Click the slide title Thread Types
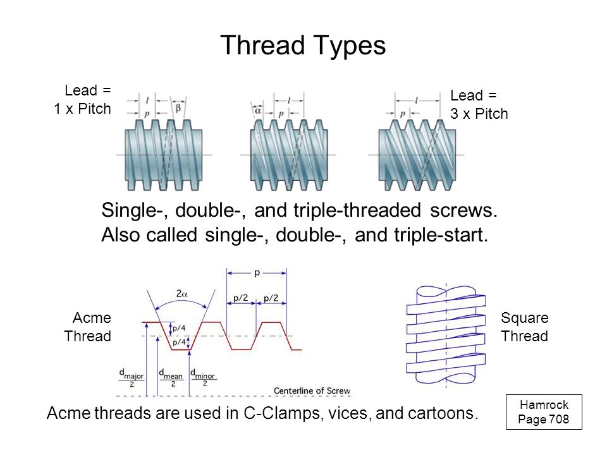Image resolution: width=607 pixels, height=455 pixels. point(303,45)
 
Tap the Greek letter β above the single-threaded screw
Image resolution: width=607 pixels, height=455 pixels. point(178,108)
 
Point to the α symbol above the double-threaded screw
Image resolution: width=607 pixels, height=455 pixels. point(258,111)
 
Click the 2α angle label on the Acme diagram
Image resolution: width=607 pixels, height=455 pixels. point(181,294)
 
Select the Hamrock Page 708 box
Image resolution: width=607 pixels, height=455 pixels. point(544,412)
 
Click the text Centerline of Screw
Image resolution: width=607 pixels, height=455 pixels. point(312,391)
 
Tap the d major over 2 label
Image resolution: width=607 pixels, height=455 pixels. point(132,378)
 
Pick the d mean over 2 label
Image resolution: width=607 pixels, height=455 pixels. point(171,378)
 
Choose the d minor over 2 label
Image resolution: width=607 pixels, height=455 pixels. point(204,378)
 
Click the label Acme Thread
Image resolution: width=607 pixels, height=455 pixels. point(88,327)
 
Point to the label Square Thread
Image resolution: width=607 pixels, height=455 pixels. point(525,327)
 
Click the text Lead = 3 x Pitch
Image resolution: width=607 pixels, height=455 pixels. point(479,104)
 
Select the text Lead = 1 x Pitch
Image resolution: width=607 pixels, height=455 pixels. point(82,99)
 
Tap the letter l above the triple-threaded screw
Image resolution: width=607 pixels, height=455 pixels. point(417,100)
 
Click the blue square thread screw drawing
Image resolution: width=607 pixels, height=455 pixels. point(446,335)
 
